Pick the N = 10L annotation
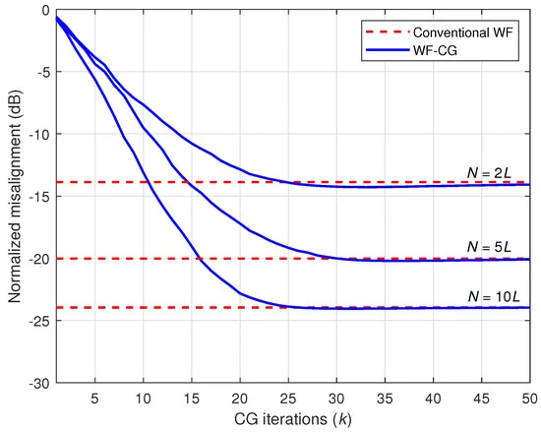(x=494, y=296)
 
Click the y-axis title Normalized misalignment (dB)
(x=15, y=197)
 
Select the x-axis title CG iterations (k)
(x=293, y=420)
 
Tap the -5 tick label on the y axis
(x=42, y=72)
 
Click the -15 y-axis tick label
(x=39, y=197)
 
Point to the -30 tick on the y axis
(x=39, y=383)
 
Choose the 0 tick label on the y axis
(x=46, y=10)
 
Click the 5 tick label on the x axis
(x=94, y=399)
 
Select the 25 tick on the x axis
(x=288, y=399)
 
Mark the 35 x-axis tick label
(x=385, y=399)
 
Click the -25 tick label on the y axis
(x=39, y=321)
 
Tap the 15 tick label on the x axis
(x=192, y=399)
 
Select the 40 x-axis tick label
(x=433, y=399)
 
